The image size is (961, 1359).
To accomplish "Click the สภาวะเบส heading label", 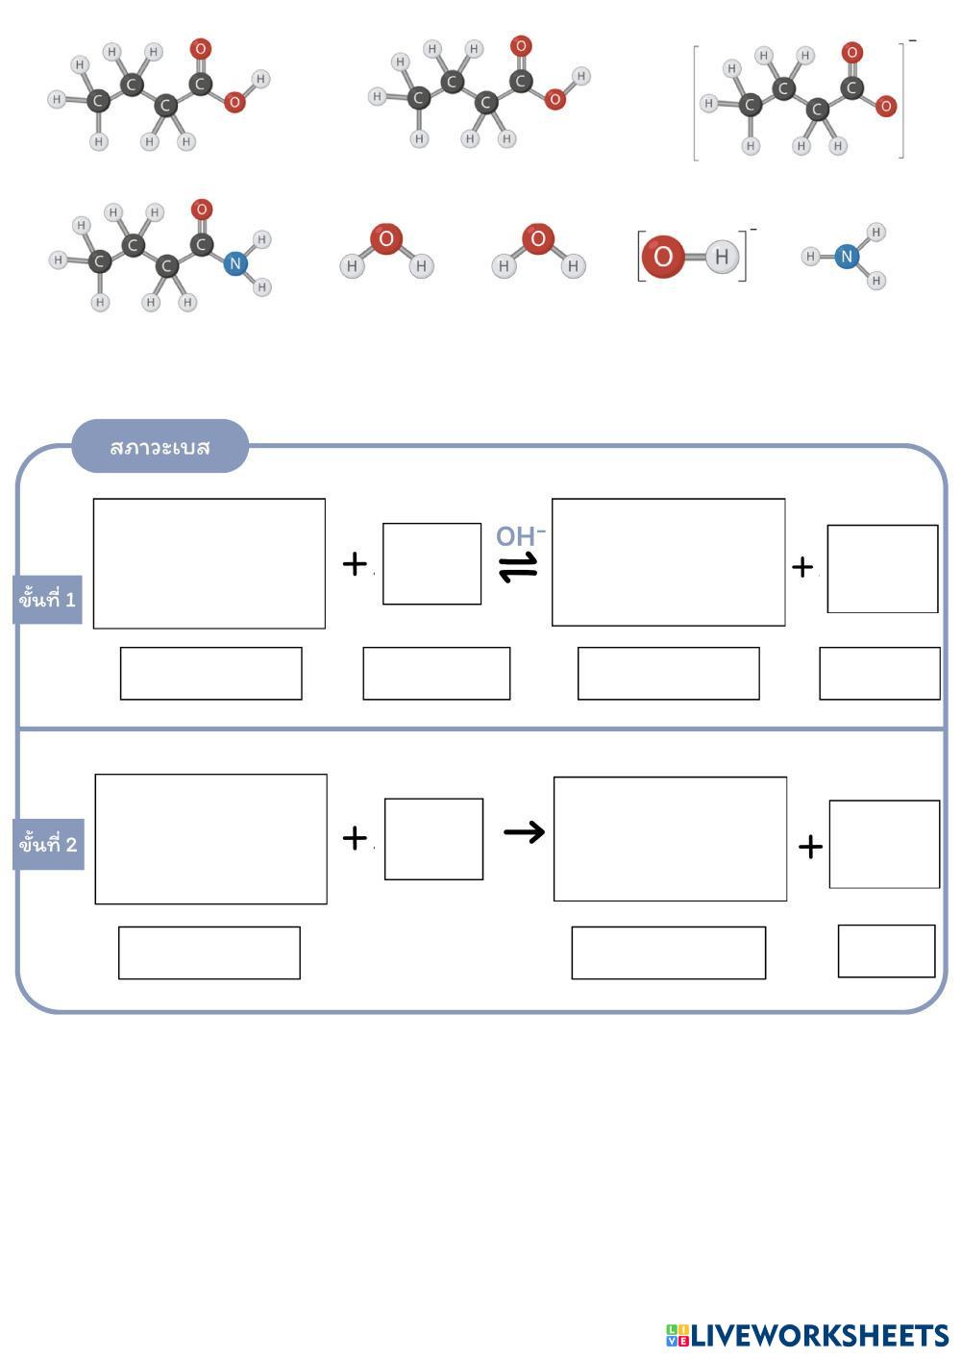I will point(160,447).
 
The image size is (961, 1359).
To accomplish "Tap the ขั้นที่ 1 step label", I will point(47,600).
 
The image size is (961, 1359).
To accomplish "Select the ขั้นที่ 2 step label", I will point(48,845).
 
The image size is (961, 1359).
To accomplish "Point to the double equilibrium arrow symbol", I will point(518,569).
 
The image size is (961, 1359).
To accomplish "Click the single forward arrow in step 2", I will point(524,831).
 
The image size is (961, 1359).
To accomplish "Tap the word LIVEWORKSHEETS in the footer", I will point(820,1335).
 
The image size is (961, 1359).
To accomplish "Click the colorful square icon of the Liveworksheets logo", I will point(678,1335).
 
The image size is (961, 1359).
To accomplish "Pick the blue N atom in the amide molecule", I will point(234,263).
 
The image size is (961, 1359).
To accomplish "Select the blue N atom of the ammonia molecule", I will point(846,257).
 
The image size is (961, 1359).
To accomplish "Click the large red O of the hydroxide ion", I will point(663,257).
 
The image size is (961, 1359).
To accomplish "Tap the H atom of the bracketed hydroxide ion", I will point(722,257).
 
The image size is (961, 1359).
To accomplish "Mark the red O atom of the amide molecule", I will point(201,210).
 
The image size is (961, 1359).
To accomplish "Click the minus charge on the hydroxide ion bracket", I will point(753,230).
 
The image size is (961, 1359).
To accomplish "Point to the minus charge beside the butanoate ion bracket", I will point(912,40).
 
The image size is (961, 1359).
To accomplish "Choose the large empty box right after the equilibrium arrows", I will point(668,562).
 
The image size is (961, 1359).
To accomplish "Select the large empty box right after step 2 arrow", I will point(670,839).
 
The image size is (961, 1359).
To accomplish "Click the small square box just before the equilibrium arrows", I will point(431,564).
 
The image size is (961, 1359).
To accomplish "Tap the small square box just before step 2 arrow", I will point(433,839).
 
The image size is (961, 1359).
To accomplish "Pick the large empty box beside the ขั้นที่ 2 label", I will point(210,839).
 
